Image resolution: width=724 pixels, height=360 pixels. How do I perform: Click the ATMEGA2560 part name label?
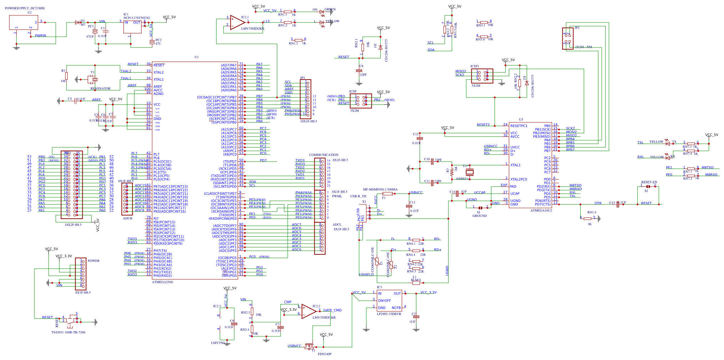click(162, 282)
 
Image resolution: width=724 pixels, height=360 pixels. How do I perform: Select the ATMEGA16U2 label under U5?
click(541, 211)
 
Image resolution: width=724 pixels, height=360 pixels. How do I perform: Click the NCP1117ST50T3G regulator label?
click(137, 18)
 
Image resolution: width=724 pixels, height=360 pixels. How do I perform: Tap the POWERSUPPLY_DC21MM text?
click(25, 8)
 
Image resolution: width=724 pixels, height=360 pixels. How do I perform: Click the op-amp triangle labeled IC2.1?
click(237, 22)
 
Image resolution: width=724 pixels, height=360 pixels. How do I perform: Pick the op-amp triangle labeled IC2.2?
click(308, 311)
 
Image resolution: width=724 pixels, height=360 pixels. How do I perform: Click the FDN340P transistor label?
click(324, 354)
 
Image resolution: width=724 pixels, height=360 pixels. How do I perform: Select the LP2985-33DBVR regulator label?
click(389, 314)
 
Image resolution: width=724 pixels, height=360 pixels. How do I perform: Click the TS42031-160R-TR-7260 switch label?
click(68, 332)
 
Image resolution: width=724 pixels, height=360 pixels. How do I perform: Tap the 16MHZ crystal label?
click(461, 179)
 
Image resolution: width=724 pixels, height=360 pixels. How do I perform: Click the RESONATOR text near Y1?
click(100, 88)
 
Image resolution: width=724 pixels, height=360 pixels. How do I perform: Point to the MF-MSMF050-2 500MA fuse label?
click(380, 189)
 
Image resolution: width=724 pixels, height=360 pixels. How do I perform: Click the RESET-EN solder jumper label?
click(649, 182)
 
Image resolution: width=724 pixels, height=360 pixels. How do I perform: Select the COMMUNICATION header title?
click(324, 155)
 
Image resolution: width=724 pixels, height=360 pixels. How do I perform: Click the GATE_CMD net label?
click(332, 310)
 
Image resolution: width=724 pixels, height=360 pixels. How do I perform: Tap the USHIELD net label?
click(366, 275)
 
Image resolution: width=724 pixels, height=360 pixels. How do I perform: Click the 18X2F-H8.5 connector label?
click(73, 225)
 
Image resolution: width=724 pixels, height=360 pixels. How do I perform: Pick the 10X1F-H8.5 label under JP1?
click(308, 121)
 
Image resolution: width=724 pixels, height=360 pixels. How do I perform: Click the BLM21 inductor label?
click(416, 280)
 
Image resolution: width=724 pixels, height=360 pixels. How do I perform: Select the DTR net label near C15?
click(598, 203)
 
